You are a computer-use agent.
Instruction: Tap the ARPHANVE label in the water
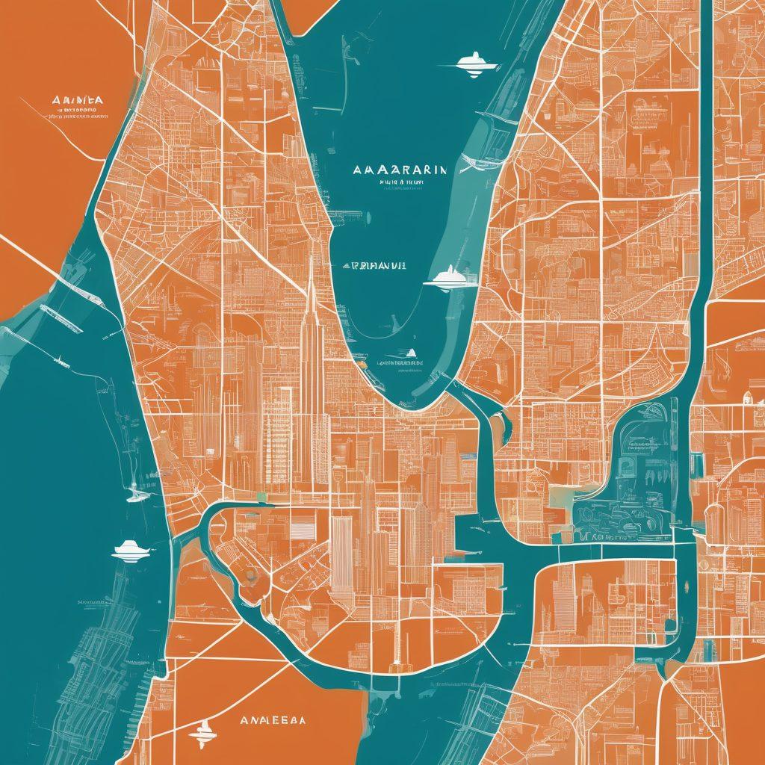(374, 265)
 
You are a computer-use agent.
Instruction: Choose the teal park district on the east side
(635, 478)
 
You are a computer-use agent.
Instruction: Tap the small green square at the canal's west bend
(261, 497)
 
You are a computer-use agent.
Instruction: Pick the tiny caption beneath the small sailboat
(398, 364)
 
